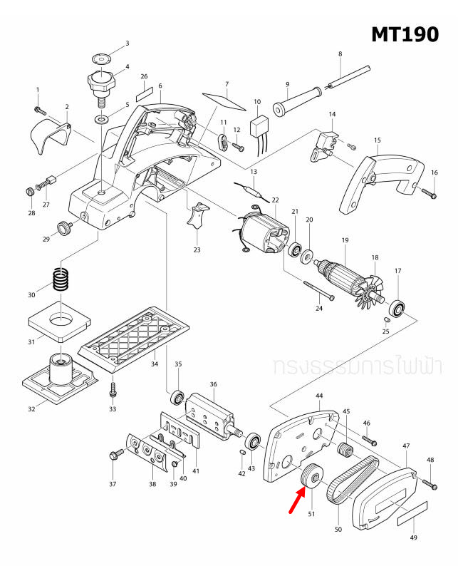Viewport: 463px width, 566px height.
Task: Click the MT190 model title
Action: [x=405, y=34]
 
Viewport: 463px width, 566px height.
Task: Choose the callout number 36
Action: [x=213, y=385]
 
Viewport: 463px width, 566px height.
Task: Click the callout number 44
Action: [x=319, y=395]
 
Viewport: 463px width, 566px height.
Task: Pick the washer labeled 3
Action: [x=103, y=58]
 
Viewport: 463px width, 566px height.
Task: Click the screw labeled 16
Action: [x=427, y=192]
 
